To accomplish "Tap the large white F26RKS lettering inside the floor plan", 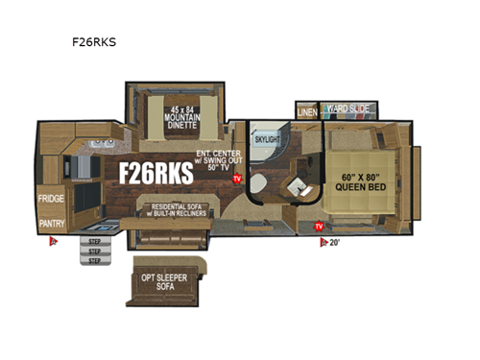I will pos(156,173).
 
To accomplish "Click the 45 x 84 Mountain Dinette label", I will pos(177,121).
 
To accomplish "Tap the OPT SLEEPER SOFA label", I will pos(167,280).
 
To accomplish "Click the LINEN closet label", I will pos(307,112).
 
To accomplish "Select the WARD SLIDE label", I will pos(346,109).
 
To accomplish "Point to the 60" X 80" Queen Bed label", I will pos(360,181).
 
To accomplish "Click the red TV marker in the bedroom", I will pos(318,227).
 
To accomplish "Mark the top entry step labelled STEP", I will pos(94,241).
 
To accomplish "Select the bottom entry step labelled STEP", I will pos(94,259).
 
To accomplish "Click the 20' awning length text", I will pos(333,242).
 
